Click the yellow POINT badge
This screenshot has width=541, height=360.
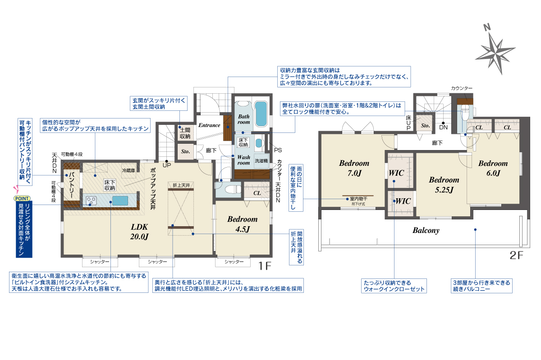(22, 198)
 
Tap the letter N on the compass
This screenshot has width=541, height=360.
(487, 27)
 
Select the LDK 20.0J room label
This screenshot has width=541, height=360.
(139, 232)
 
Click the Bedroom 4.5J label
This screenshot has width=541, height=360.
(243, 224)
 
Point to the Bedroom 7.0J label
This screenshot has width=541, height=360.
(354, 168)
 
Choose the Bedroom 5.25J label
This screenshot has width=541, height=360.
(444, 185)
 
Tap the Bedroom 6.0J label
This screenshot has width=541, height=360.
(493, 168)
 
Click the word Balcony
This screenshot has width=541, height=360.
(426, 230)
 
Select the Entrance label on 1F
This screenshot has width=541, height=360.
(209, 125)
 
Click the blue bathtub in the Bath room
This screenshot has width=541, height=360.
(261, 114)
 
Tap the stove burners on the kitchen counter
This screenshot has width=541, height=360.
(92, 201)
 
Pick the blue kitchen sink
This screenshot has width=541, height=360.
(120, 201)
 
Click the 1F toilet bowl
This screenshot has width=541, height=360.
(232, 189)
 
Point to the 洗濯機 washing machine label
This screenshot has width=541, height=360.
(261, 160)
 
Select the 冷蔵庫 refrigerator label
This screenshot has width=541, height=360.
(128, 170)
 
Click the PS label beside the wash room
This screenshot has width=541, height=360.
(278, 150)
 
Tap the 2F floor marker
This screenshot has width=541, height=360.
(516, 255)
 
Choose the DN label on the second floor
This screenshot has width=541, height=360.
(444, 127)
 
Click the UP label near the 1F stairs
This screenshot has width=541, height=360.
(167, 165)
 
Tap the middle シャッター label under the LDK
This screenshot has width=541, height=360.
(157, 262)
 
